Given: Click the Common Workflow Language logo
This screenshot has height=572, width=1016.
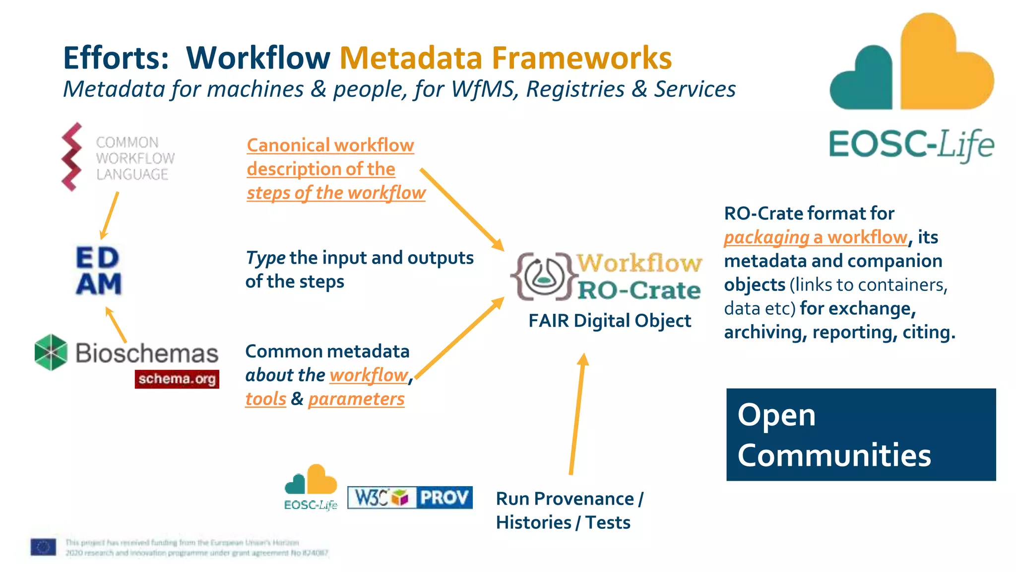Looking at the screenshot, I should (118, 157).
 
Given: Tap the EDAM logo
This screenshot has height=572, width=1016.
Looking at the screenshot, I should (98, 271).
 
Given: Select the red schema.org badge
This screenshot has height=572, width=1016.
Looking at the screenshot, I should (177, 379).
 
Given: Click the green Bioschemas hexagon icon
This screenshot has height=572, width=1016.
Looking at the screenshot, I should (51, 352).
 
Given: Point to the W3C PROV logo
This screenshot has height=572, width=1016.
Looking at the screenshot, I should (410, 498).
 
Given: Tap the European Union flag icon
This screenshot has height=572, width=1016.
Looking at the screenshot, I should (43, 547).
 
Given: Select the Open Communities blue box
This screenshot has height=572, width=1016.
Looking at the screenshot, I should (861, 434).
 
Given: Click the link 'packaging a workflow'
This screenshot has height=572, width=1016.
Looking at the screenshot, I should (816, 237).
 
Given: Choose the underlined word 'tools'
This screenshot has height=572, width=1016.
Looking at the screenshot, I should (266, 399).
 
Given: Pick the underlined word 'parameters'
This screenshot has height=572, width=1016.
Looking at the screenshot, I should (356, 399).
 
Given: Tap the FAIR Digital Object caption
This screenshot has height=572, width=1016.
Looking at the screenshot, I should (609, 321).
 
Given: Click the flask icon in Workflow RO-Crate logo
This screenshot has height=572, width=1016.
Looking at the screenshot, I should (544, 276).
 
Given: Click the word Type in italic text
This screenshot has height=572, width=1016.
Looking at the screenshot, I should (265, 258).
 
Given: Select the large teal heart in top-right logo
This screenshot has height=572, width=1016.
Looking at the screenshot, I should (863, 79).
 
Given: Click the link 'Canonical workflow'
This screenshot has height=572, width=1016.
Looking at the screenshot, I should (330, 145).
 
